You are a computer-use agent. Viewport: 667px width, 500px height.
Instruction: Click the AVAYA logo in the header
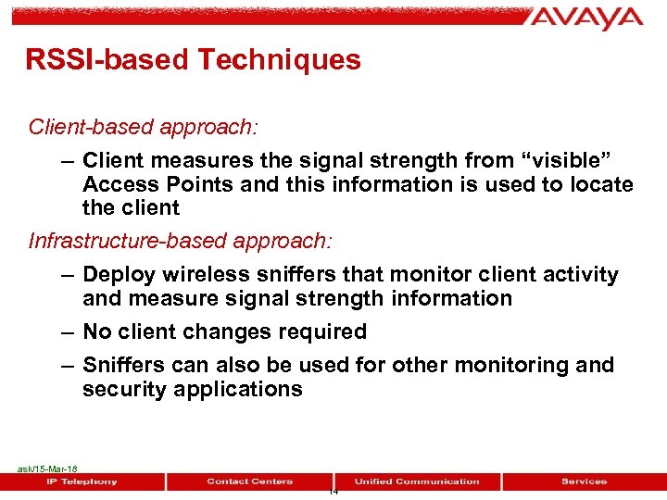(x=587, y=19)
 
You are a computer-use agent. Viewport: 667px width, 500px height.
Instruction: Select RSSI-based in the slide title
(x=110, y=60)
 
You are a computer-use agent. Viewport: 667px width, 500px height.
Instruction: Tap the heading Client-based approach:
(x=128, y=125)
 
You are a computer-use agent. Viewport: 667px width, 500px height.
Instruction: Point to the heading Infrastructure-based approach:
(x=180, y=241)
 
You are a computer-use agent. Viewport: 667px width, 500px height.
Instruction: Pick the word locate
(x=600, y=184)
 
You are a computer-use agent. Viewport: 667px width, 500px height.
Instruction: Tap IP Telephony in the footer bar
(x=82, y=481)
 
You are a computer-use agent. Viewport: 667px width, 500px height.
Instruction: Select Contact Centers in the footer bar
(x=249, y=481)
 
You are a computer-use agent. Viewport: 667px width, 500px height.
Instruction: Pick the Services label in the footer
(x=584, y=481)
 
